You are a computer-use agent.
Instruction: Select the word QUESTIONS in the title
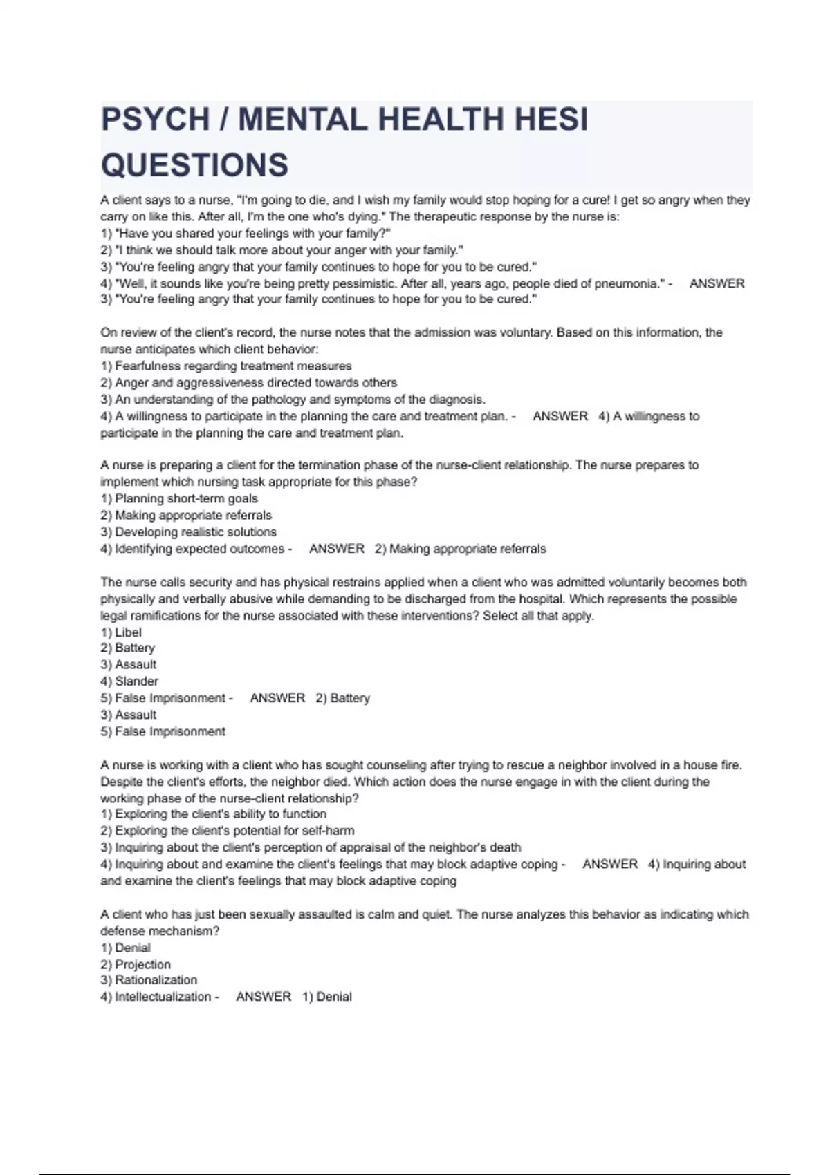point(194,165)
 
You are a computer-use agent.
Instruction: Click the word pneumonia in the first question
point(628,283)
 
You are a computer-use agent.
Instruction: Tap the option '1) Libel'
point(121,632)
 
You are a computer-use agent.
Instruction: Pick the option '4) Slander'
point(129,681)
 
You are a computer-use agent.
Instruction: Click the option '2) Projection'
point(136,964)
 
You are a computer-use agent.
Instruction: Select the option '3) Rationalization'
point(149,980)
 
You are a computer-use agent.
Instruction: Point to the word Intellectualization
point(163,997)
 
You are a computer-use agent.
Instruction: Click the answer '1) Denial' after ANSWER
point(327,997)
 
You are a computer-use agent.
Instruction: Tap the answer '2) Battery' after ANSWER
point(343,698)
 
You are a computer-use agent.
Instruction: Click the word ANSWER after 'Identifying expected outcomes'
point(337,549)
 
